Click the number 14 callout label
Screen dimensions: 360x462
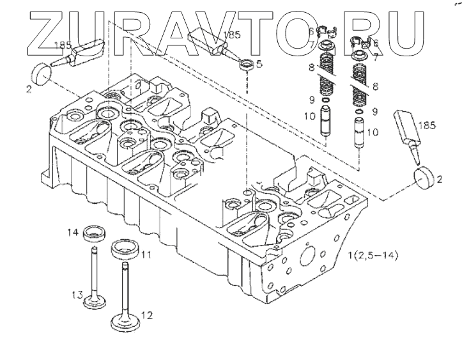pyautogui.click(x=74, y=233)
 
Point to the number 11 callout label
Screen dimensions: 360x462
pyautogui.click(x=146, y=254)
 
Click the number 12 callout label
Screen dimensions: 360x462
pyautogui.click(x=147, y=315)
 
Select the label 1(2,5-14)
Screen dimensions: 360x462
pyautogui.click(x=373, y=256)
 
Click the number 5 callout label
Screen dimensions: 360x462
pyautogui.click(x=259, y=63)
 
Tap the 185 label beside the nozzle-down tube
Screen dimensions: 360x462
pyautogui.click(x=427, y=126)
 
